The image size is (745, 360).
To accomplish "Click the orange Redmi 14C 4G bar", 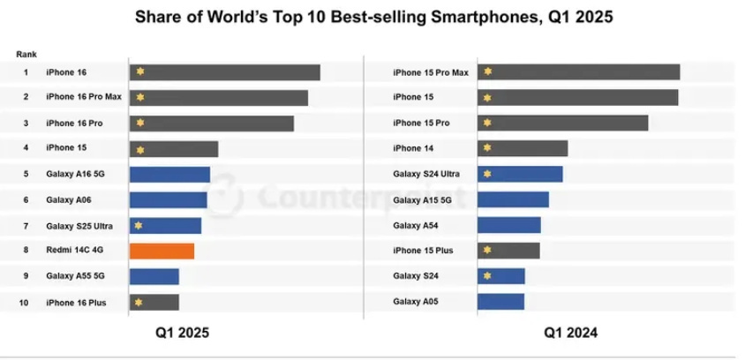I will tap(162, 251).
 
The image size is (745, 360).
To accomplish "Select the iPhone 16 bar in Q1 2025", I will tap(224, 71).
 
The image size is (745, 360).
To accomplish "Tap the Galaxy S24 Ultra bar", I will tap(520, 174).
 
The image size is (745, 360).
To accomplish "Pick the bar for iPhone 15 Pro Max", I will tap(578, 71).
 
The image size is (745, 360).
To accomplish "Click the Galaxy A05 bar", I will tap(500, 302).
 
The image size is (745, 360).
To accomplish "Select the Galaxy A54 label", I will tap(416, 225).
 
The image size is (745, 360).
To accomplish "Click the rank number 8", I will tap(26, 251).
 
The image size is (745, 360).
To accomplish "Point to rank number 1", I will tap(26, 71).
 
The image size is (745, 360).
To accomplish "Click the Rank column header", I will tap(26, 55).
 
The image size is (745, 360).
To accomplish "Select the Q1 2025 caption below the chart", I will tap(184, 334).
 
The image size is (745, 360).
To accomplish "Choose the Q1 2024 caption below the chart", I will tap(571, 334).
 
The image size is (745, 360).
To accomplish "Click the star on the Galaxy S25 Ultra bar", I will tap(139, 225).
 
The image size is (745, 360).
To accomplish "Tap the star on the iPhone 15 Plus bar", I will tap(487, 251).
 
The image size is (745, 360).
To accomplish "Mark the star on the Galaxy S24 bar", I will tap(487, 276).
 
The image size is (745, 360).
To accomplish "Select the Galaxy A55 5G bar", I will tap(154, 276).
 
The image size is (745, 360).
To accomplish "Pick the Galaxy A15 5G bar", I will tap(513, 199).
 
